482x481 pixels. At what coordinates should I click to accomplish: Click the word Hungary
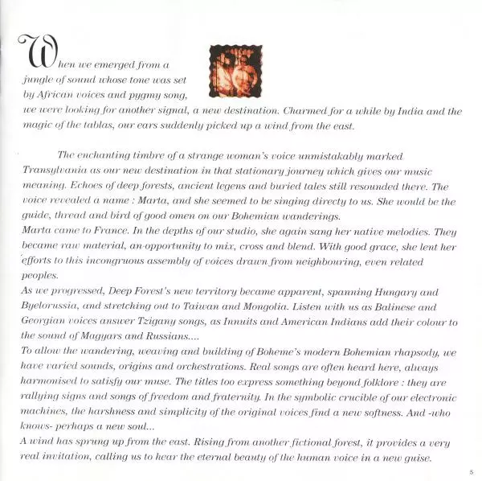[x=391, y=294]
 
